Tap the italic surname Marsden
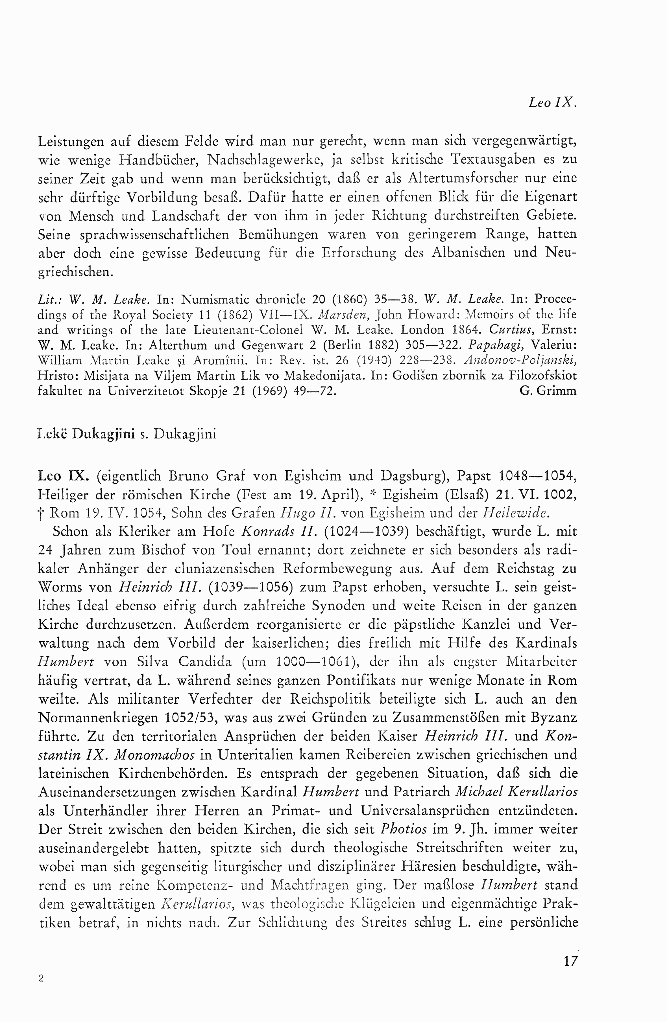pyautogui.click(x=344, y=314)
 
